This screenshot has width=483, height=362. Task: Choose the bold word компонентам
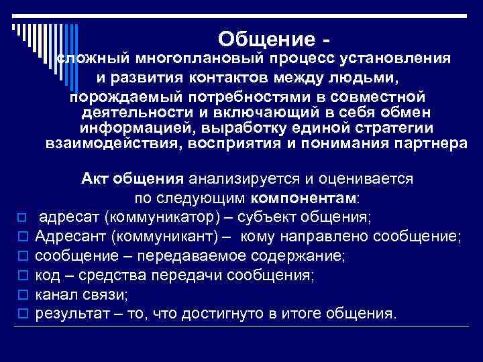305,198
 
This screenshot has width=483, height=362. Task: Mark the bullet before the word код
22,276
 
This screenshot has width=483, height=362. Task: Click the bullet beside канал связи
22,295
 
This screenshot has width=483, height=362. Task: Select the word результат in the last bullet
68,313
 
